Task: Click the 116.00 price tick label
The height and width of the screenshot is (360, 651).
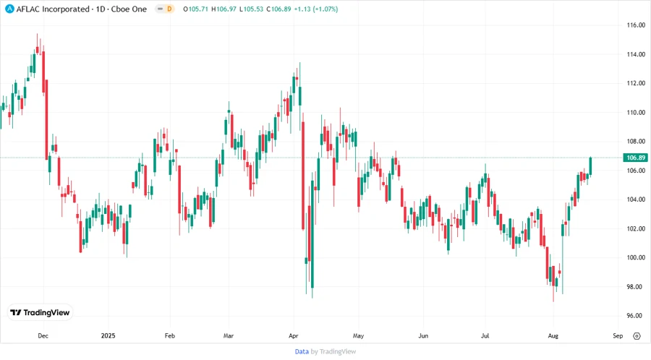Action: point(636,25)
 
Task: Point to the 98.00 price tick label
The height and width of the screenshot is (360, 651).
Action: point(636,287)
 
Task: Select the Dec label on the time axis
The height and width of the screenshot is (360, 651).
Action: point(43,336)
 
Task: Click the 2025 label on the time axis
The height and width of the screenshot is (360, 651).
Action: point(108,336)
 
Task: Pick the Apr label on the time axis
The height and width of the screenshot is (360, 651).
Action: point(294,336)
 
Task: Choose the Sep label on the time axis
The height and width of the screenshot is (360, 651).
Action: point(617,336)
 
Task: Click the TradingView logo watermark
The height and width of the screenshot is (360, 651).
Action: point(41,313)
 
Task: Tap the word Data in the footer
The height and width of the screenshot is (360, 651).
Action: point(302,351)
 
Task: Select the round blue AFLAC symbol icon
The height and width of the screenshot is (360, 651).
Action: point(9,9)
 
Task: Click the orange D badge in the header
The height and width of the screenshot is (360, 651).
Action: point(169,9)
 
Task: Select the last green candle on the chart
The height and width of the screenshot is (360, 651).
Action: point(591,166)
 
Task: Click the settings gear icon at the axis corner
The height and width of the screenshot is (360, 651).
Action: point(637,336)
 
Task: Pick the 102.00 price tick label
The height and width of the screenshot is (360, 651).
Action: point(636,228)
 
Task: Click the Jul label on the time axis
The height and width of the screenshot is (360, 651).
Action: point(486,336)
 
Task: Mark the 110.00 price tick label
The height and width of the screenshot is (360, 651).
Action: point(636,113)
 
